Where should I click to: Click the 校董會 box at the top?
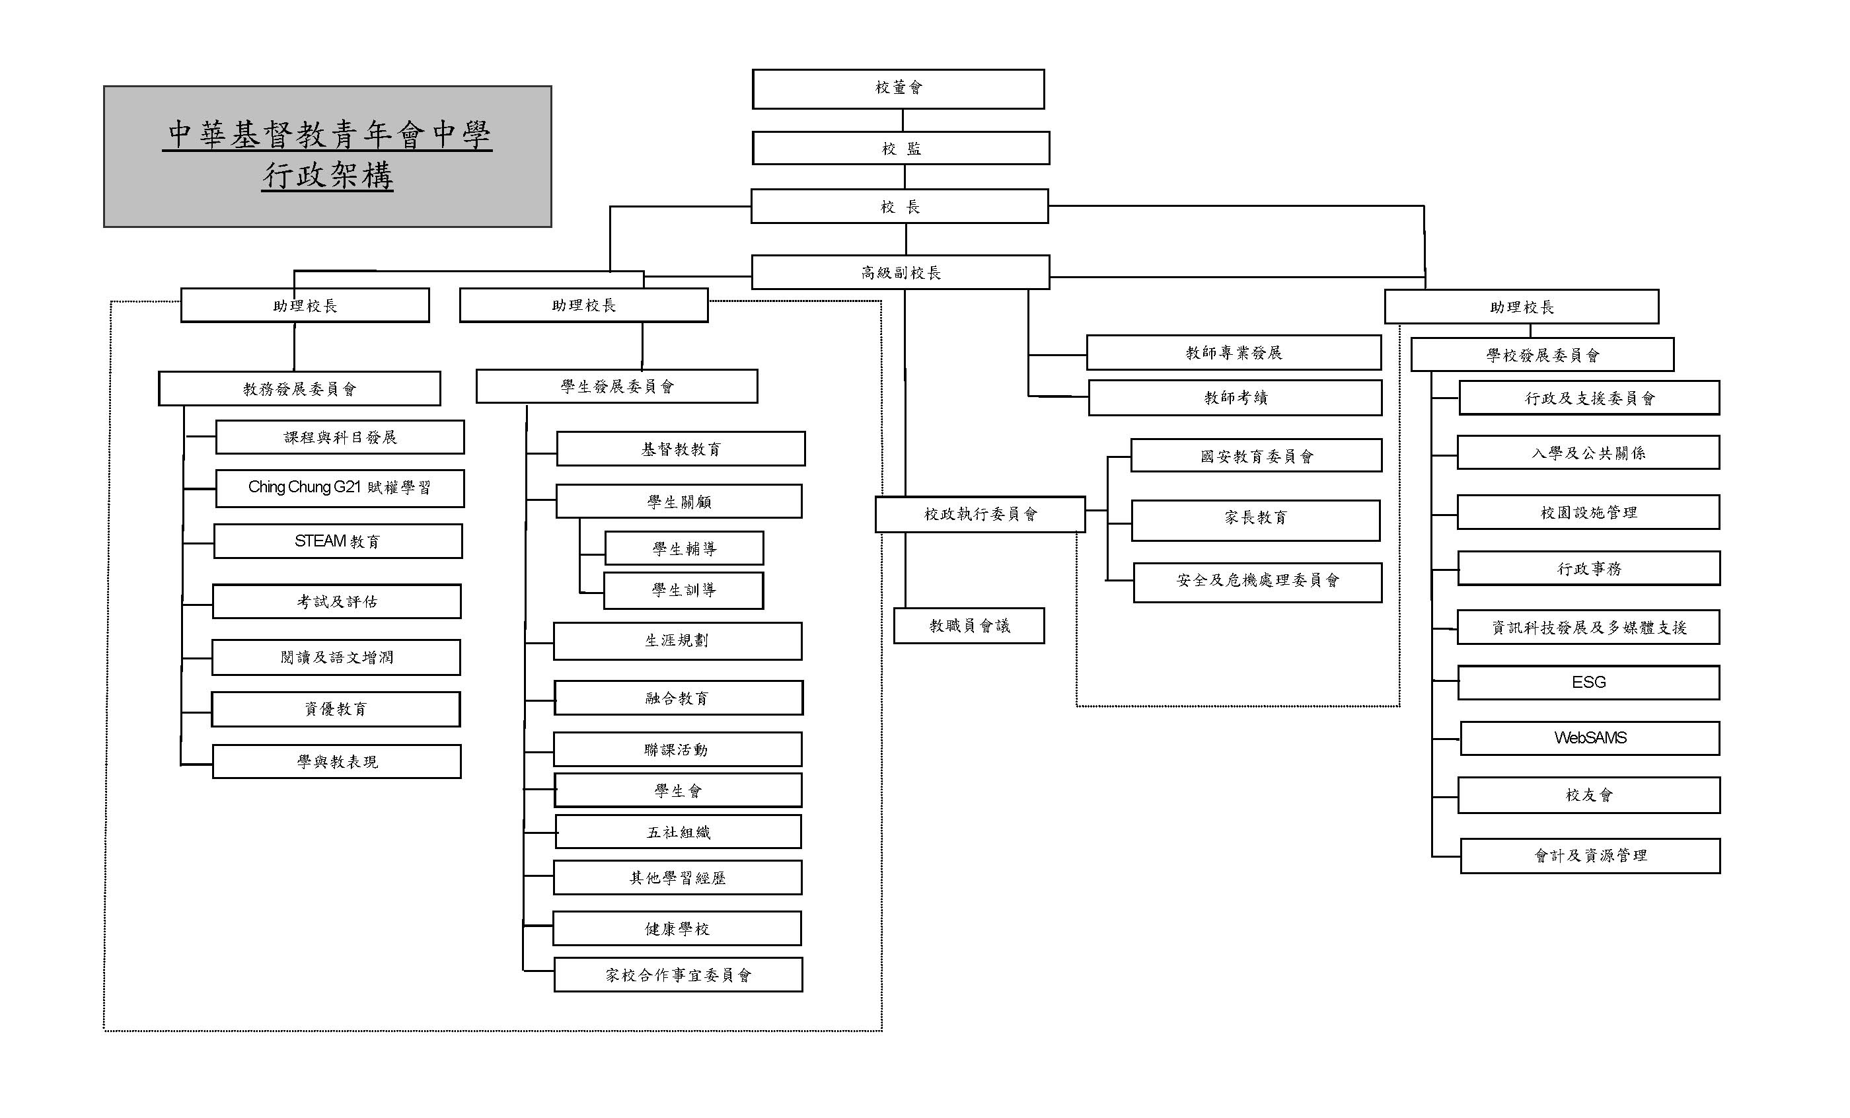tap(898, 89)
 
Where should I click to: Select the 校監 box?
tap(900, 148)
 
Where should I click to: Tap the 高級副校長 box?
tap(900, 272)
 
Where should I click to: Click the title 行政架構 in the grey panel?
tap(327, 176)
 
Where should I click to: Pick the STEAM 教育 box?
tap(338, 540)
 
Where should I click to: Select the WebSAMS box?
tap(1590, 737)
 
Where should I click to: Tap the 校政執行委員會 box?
tap(980, 513)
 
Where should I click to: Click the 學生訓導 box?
tap(683, 590)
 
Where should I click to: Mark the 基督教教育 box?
tap(681, 448)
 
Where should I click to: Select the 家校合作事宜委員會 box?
tap(678, 974)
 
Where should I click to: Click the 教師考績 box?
tap(1235, 397)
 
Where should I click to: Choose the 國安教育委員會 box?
tap(1256, 455)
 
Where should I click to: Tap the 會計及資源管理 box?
tap(1590, 855)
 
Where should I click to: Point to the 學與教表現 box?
tap(336, 761)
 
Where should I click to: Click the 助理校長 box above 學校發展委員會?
tap(1521, 307)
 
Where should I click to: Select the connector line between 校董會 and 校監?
tap(903, 120)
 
